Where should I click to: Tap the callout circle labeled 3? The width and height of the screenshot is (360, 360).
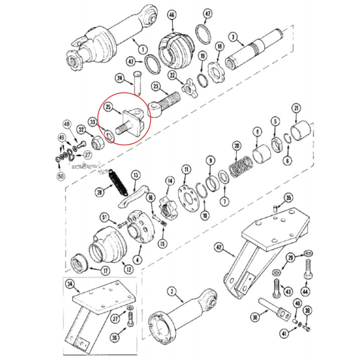233,36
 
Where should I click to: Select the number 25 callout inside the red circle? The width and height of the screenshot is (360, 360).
108,108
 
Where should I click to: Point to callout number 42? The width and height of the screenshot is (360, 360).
219,247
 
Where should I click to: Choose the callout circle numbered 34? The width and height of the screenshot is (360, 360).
69,284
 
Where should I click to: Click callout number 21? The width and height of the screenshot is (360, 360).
296,108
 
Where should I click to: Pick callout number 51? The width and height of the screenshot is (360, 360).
104,218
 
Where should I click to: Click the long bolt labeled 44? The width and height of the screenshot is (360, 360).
308,270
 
